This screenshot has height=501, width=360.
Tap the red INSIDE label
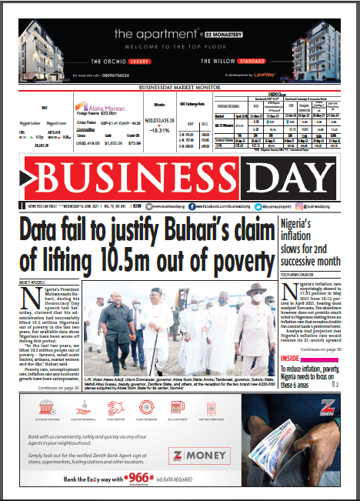coord(291,358)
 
